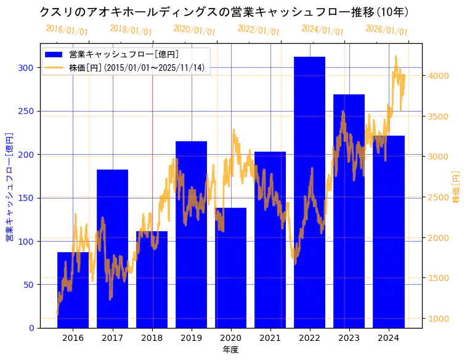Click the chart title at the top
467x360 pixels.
coord(224,12)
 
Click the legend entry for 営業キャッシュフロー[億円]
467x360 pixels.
coord(124,54)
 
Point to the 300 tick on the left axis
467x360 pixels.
coord(28,68)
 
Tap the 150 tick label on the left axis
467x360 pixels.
coord(28,198)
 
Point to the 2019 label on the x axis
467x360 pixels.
coord(191,338)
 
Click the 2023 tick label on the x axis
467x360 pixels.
coord(349,338)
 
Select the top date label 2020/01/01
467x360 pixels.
coord(194,30)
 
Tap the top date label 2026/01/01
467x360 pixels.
coord(386,30)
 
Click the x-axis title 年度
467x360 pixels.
coord(230,350)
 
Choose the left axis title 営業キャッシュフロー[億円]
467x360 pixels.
coord(9,186)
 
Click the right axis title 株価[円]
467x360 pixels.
coord(457,187)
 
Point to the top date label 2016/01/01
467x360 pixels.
coord(67,30)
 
